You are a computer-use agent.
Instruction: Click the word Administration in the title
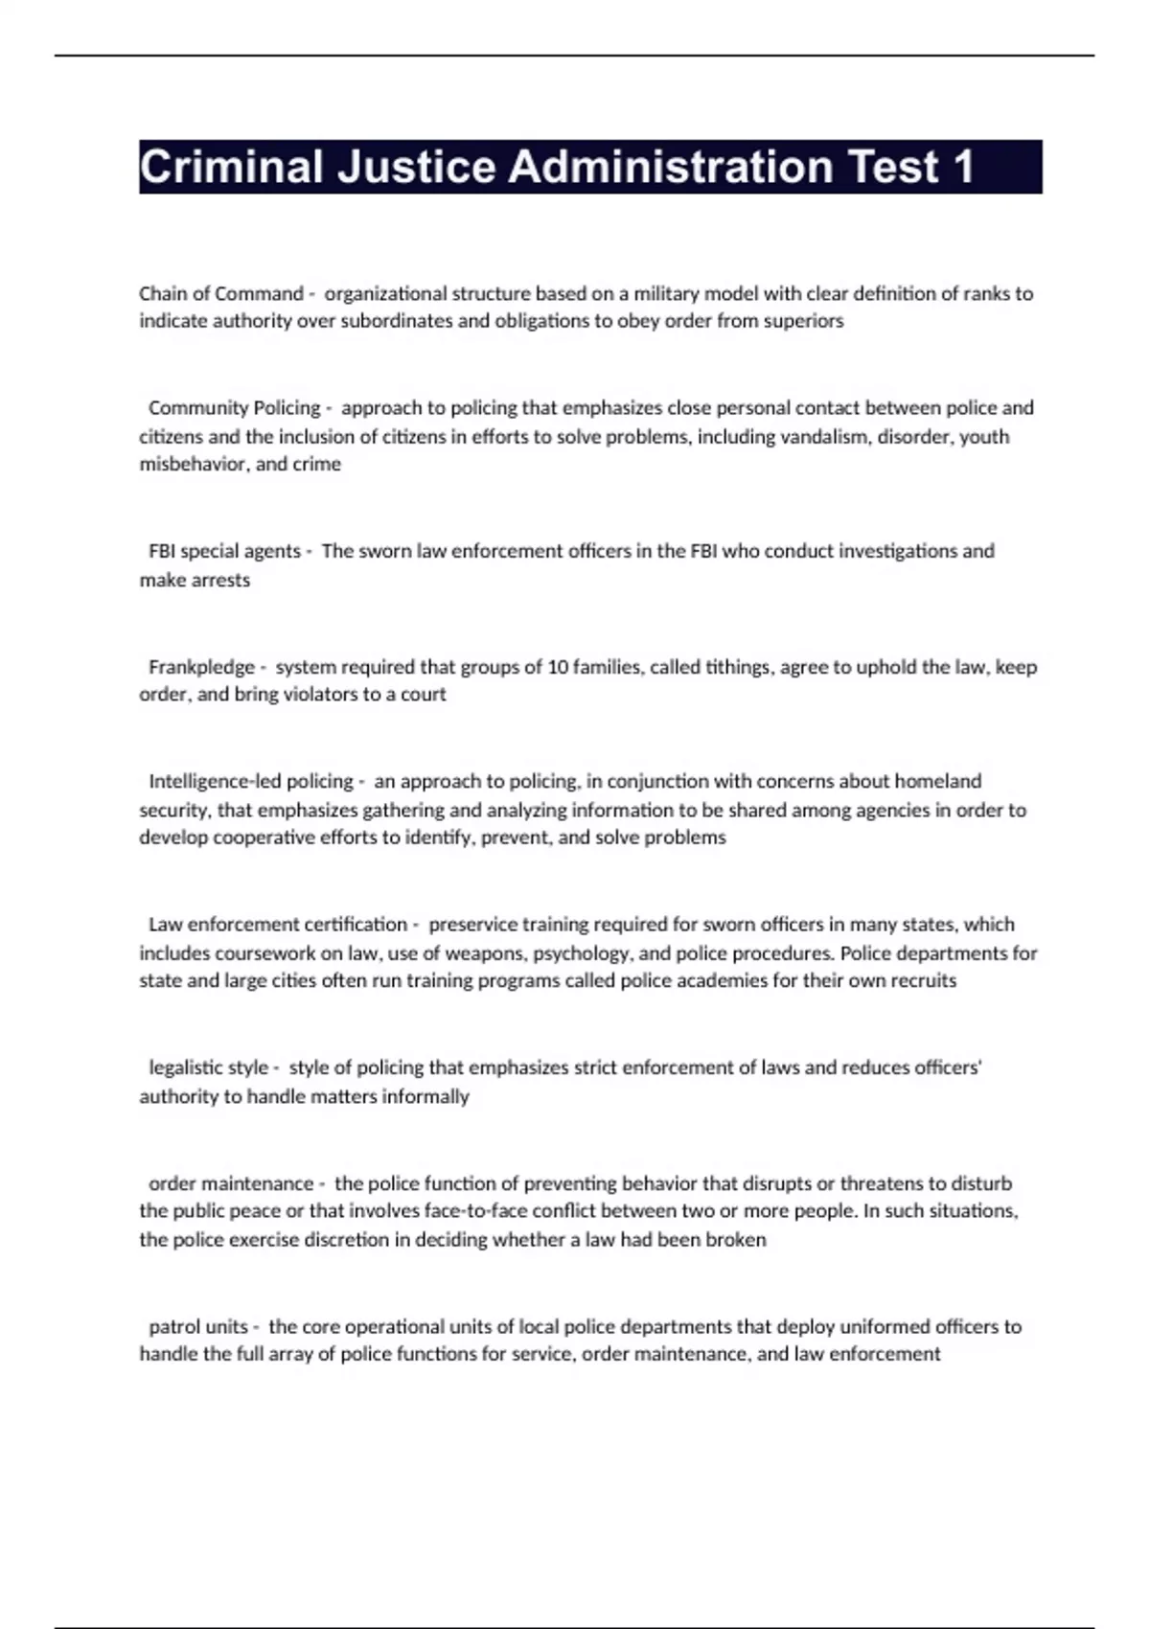click(670, 167)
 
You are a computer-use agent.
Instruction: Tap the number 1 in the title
click(962, 167)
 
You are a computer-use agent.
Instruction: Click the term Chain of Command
click(221, 293)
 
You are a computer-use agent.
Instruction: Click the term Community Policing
click(235, 408)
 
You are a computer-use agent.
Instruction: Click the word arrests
click(221, 580)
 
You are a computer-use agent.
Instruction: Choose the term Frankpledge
click(202, 667)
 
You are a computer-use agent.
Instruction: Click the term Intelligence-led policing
click(251, 781)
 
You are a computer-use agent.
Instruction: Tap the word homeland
click(938, 781)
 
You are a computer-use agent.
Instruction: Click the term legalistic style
click(209, 1067)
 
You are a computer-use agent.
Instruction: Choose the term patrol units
click(198, 1327)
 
